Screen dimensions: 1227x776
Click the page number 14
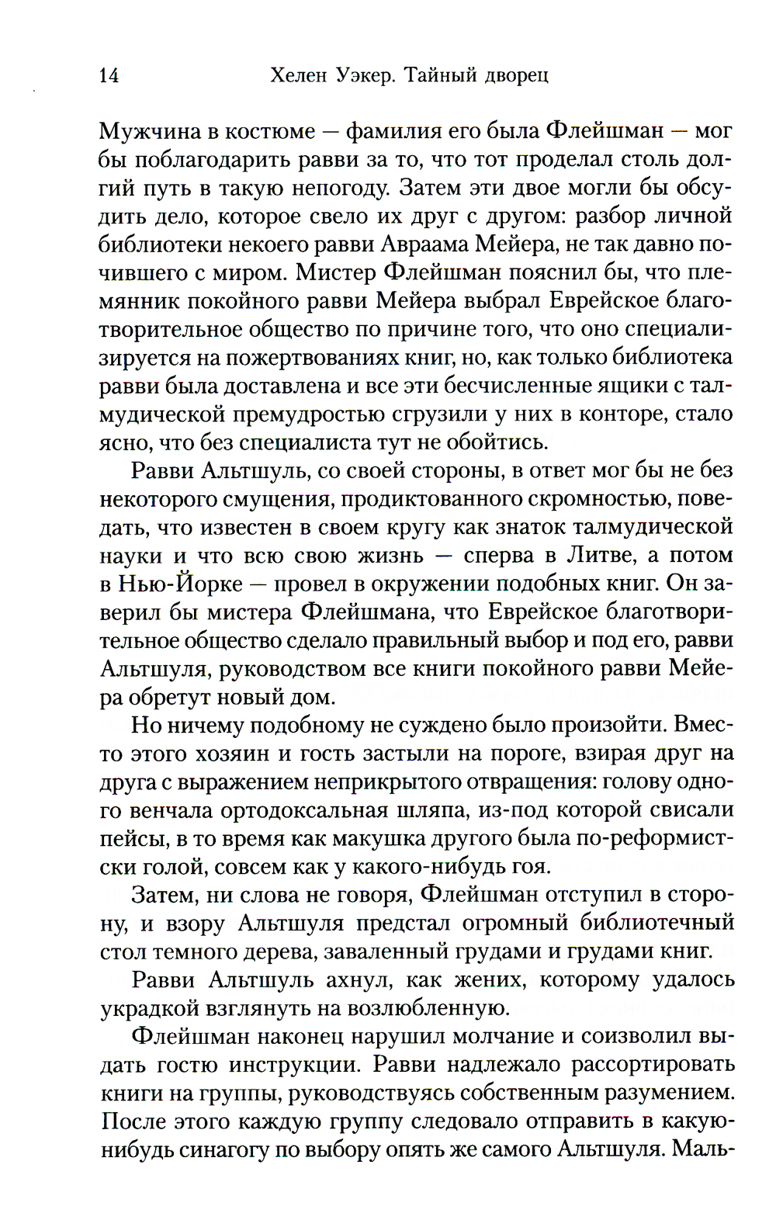pos(109,76)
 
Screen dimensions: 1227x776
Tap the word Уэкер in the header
pos(362,76)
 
